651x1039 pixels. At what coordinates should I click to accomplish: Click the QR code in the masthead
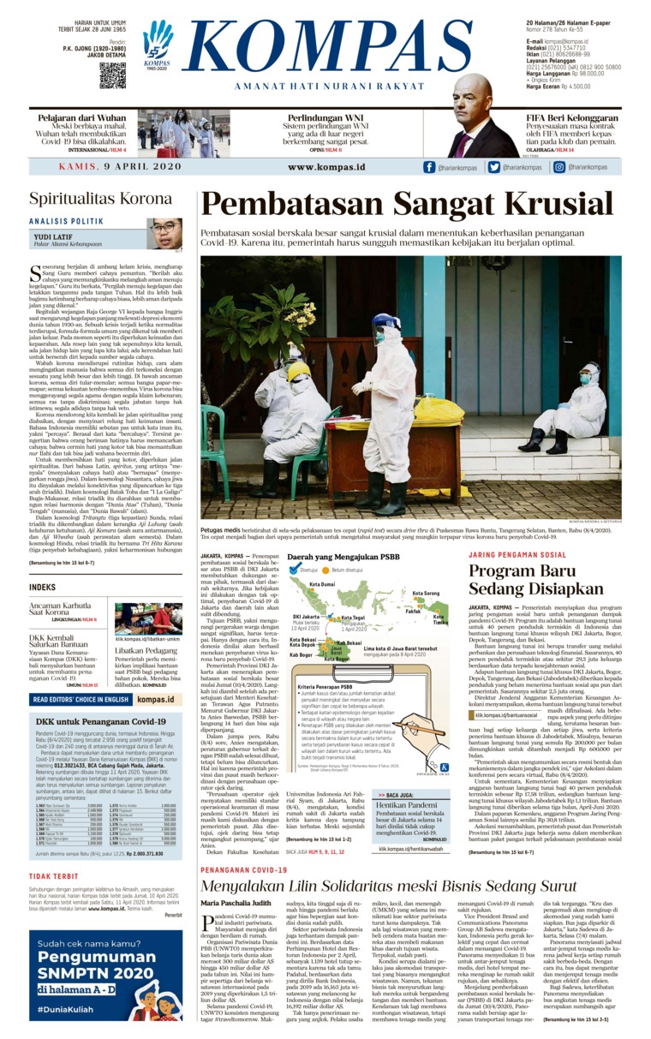[x=112, y=76]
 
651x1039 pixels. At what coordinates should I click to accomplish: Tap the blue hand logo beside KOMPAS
[x=158, y=42]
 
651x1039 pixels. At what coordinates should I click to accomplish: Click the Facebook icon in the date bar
[x=430, y=168]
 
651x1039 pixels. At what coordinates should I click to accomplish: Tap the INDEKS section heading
[x=42, y=587]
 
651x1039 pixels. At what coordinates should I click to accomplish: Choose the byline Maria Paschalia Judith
[x=236, y=927]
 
